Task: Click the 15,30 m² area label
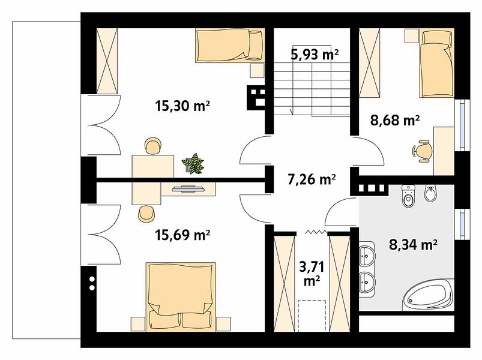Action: coord(182,106)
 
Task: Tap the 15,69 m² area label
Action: coord(182,235)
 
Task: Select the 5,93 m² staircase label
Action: coord(315,55)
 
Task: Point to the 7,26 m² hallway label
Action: coord(312,179)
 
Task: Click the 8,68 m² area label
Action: coord(395,120)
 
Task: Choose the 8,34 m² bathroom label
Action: coord(414,245)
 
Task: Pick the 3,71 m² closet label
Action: coord(312,274)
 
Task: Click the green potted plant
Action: coord(193,164)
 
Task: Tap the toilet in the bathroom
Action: coord(409,197)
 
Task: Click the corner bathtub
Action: coord(428,295)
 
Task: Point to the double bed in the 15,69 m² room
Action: coord(181,297)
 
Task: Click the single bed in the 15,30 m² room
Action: coord(230,46)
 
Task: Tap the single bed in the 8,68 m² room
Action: coord(437,63)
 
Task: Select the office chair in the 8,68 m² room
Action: coord(423,150)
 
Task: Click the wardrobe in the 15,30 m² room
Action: coord(107,61)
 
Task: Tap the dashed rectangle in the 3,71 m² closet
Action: coord(312,316)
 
